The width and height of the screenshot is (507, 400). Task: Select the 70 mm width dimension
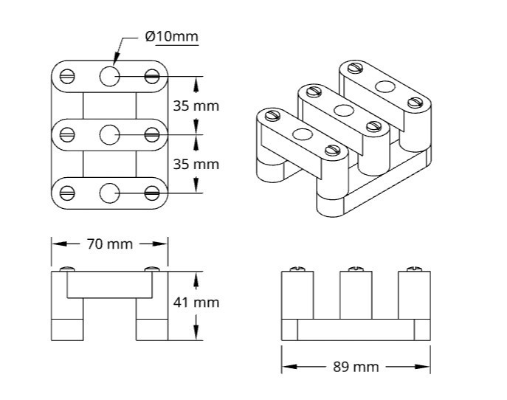point(109,244)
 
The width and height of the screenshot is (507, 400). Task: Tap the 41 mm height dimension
point(196,302)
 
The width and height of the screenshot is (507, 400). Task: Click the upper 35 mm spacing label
point(196,105)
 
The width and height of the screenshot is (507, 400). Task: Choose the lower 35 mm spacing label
point(196,164)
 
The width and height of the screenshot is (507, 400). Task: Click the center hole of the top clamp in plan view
point(109,75)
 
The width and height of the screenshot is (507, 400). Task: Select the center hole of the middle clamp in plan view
point(109,134)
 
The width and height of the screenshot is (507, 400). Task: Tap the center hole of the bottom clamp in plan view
point(109,193)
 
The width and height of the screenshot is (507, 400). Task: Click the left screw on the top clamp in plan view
point(67,75)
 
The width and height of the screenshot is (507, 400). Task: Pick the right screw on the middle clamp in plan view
point(152,134)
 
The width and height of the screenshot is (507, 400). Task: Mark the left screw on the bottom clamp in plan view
point(67,193)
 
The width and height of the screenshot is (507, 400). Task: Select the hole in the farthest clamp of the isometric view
point(384,86)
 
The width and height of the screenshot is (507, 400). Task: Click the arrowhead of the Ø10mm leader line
point(114,61)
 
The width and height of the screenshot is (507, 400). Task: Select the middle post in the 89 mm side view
point(355,295)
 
